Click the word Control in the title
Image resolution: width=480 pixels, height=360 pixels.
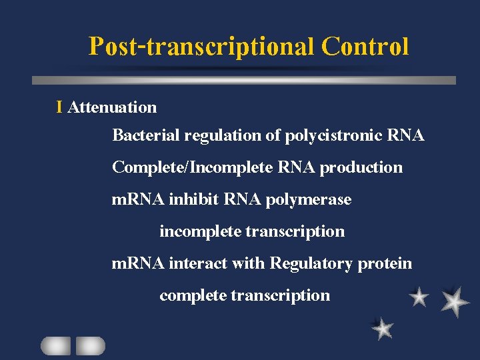pos(365,47)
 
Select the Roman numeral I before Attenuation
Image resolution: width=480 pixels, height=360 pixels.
pos(60,107)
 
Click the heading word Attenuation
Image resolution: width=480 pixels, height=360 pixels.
pos(112,107)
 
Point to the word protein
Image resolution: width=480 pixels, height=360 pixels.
pos(385,264)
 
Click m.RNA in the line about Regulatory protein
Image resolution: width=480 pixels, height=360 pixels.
pos(138,263)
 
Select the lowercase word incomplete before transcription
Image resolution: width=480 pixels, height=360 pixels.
pos(201,231)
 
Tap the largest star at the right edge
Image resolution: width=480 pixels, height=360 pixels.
pos(455,301)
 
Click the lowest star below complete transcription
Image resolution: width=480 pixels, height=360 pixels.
pos(383,328)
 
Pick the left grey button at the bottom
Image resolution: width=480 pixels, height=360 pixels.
pos(55,345)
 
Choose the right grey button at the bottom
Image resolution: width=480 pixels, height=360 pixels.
pos(90,345)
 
